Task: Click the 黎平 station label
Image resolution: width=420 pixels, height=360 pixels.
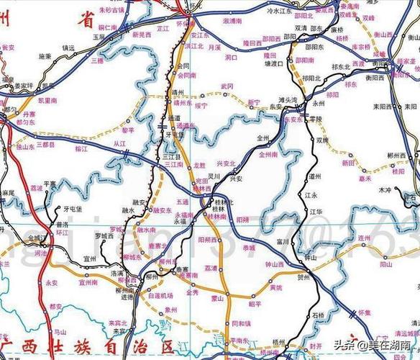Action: (128, 130)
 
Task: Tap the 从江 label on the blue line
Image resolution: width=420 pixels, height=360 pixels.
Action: (119, 144)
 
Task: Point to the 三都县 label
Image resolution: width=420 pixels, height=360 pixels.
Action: (48, 144)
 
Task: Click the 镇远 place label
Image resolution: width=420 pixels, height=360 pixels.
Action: (68, 48)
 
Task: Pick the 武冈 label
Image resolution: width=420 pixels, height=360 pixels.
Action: (227, 86)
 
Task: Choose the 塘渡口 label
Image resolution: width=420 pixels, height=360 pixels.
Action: (274, 63)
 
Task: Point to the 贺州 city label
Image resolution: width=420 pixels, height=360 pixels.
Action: (302, 276)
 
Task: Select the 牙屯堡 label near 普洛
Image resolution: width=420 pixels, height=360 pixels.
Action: (73, 209)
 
